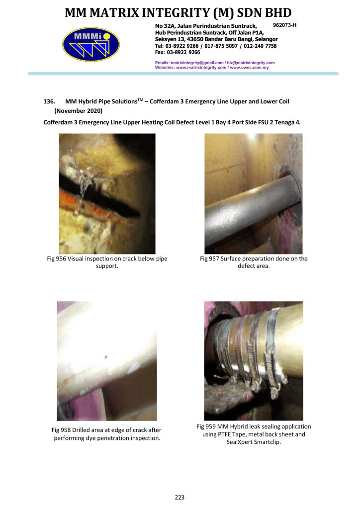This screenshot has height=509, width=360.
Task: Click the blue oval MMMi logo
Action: [x=91, y=44]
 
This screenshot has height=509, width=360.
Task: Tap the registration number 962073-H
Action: [x=285, y=25]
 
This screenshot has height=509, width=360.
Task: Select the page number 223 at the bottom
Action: [x=180, y=497]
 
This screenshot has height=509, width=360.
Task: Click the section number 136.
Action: [x=49, y=101]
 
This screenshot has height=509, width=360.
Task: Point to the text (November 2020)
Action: [x=78, y=111]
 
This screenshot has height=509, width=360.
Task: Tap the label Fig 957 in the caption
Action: [x=209, y=258]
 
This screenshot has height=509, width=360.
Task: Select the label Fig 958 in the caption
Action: [x=61, y=430]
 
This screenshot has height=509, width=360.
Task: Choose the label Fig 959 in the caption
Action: [x=206, y=426]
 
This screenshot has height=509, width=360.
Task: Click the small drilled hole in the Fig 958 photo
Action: [x=106, y=357]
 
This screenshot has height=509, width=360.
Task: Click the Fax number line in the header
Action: [x=178, y=52]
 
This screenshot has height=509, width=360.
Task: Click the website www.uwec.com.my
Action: [x=249, y=68]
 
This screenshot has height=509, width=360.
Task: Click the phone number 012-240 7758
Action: [x=260, y=46]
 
